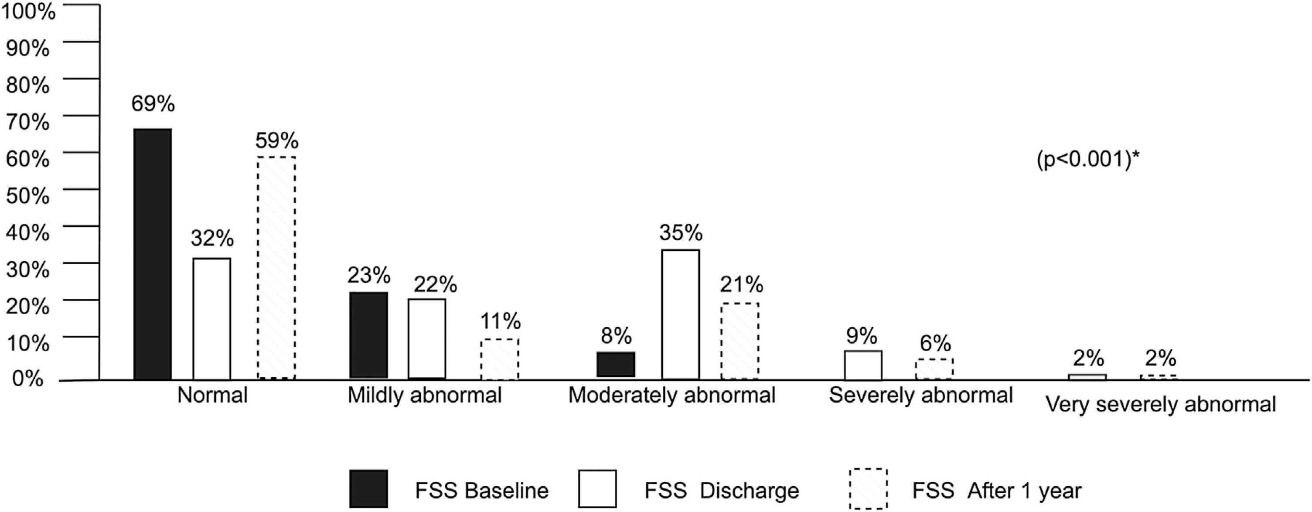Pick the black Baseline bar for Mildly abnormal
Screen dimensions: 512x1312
tap(369, 335)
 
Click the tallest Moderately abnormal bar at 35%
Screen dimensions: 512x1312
tap(681, 314)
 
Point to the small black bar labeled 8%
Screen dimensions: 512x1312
tap(616, 364)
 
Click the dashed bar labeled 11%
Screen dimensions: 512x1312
tap(500, 359)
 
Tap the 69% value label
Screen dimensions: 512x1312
tap(153, 104)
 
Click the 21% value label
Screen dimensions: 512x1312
tap(742, 285)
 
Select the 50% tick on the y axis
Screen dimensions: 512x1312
tap(28, 196)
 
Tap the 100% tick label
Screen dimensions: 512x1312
tap(28, 12)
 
